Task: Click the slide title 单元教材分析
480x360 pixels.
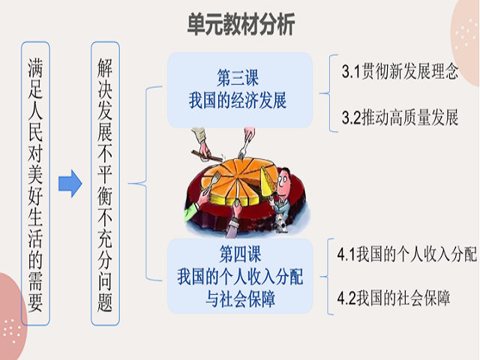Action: pyautogui.click(x=241, y=23)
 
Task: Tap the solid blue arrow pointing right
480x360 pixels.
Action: pyautogui.click(x=70, y=183)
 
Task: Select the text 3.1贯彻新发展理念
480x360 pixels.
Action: pyautogui.click(x=400, y=71)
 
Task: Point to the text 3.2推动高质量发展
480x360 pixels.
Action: pyautogui.click(x=400, y=117)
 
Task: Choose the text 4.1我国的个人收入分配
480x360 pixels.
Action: pyautogui.click(x=406, y=254)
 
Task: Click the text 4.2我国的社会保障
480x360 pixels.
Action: pyautogui.click(x=393, y=298)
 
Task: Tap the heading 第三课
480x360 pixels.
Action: pyautogui.click(x=238, y=78)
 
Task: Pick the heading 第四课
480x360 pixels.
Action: pyautogui.click(x=240, y=254)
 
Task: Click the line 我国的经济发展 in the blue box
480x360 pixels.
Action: pyautogui.click(x=238, y=100)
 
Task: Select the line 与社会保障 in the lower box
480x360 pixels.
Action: pyautogui.click(x=240, y=298)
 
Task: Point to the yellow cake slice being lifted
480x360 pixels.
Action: pyautogui.click(x=268, y=181)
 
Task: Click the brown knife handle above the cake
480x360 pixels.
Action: pyautogui.click(x=207, y=155)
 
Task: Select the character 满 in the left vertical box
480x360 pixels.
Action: pyautogui.click(x=35, y=68)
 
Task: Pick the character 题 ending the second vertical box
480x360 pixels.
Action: pyautogui.click(x=105, y=302)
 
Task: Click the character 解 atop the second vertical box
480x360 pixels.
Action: pyautogui.click(x=105, y=68)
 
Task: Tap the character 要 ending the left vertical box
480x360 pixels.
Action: pyautogui.click(x=35, y=302)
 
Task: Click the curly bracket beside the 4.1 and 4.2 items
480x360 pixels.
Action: pyautogui.click(x=328, y=277)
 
